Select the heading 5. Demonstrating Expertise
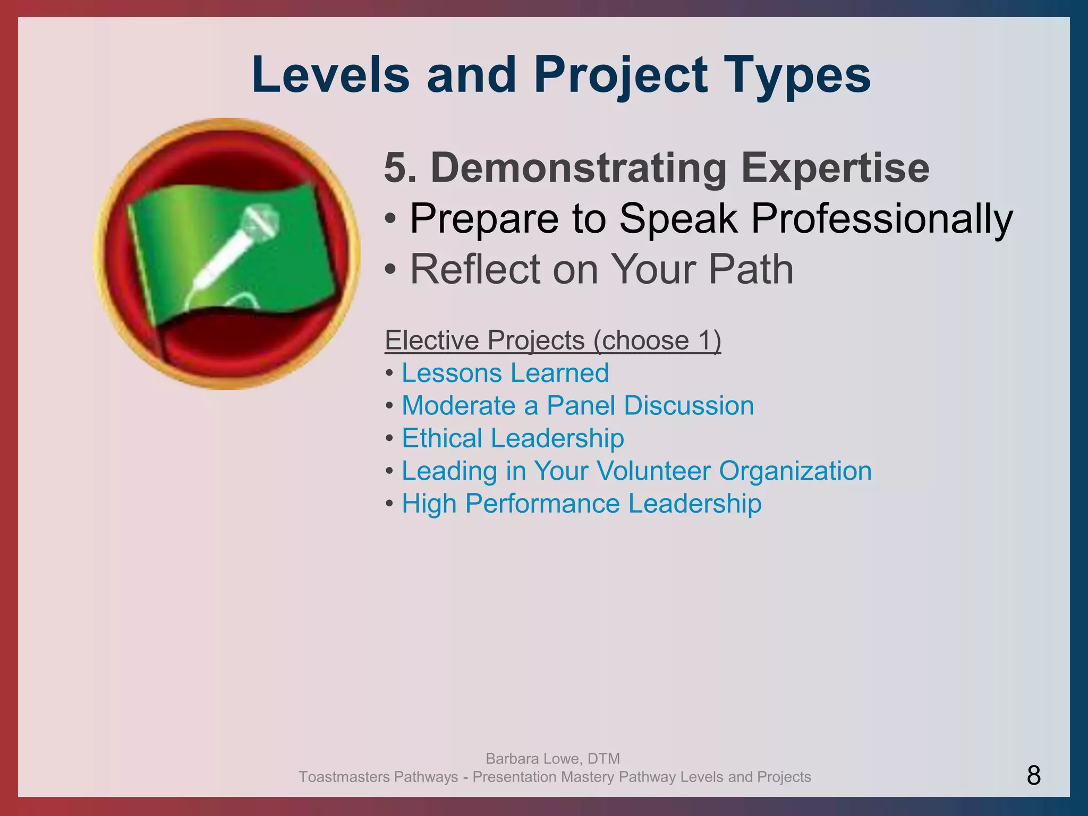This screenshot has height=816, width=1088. (x=657, y=168)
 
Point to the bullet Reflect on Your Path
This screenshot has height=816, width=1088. (x=601, y=269)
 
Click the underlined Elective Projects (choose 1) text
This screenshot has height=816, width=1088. (x=552, y=340)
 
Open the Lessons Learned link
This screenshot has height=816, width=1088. (x=505, y=373)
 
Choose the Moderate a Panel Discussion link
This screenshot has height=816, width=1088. (x=577, y=406)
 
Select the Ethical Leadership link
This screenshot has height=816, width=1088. (x=513, y=438)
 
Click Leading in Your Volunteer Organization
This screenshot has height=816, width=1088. (x=636, y=471)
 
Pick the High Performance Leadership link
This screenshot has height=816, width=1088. (x=581, y=504)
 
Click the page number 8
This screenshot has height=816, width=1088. (x=1033, y=776)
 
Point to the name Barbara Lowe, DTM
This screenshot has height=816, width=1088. (x=552, y=758)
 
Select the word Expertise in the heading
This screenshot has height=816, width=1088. (x=835, y=168)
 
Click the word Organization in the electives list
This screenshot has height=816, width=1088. (x=795, y=471)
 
